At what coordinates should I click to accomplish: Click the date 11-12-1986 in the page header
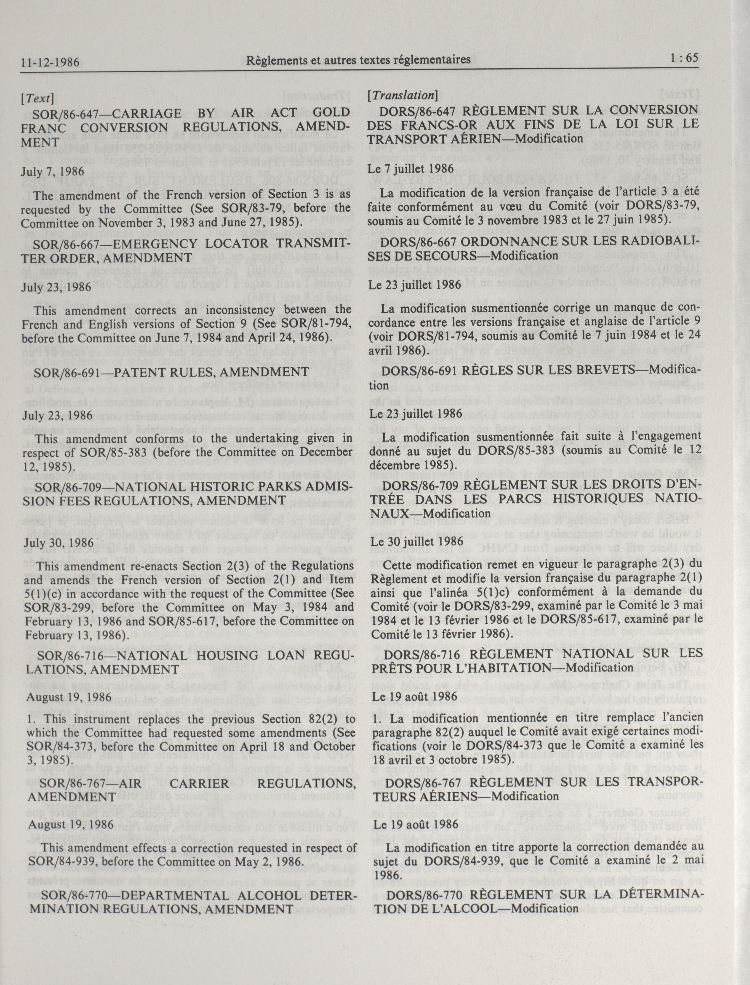pos(50,61)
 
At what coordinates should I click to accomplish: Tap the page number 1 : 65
pos(683,58)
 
